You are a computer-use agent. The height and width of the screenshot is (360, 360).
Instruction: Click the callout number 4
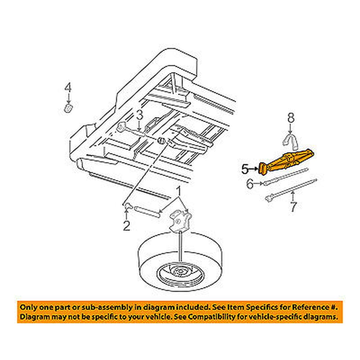pos(68,87)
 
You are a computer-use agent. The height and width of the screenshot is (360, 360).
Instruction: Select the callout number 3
pos(139,116)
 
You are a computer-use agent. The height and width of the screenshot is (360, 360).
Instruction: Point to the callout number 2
pos(126,226)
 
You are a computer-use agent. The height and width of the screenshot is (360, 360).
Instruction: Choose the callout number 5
pos(245,168)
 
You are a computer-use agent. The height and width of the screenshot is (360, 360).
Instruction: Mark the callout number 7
pos(293,207)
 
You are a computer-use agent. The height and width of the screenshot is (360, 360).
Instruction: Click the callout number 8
pos(291,118)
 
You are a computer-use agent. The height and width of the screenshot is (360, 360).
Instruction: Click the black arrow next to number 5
pos(254,168)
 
